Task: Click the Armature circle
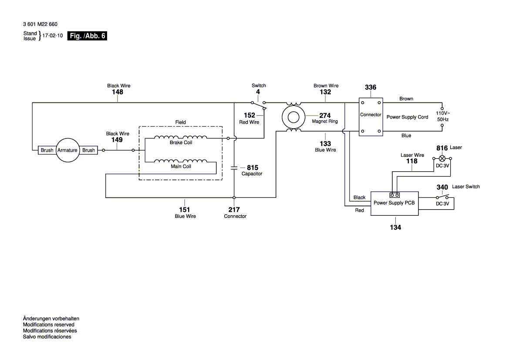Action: [x=67, y=150]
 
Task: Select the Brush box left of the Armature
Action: [x=47, y=150]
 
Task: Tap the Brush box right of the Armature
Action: [x=88, y=150]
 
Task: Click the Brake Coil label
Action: [x=181, y=143]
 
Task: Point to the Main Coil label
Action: [x=181, y=166]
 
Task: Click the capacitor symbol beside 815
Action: [x=234, y=167]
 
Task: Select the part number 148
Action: [x=118, y=92]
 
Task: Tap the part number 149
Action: [x=117, y=140]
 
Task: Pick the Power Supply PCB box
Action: [x=394, y=203]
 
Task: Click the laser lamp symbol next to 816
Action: [x=442, y=158]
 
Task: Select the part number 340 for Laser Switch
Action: [x=442, y=187]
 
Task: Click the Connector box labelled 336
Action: [x=371, y=116]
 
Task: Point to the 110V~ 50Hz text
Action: [x=443, y=115]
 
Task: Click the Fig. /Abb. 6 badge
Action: [x=87, y=36]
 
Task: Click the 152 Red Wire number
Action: [x=249, y=115]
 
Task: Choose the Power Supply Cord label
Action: [x=407, y=117]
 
